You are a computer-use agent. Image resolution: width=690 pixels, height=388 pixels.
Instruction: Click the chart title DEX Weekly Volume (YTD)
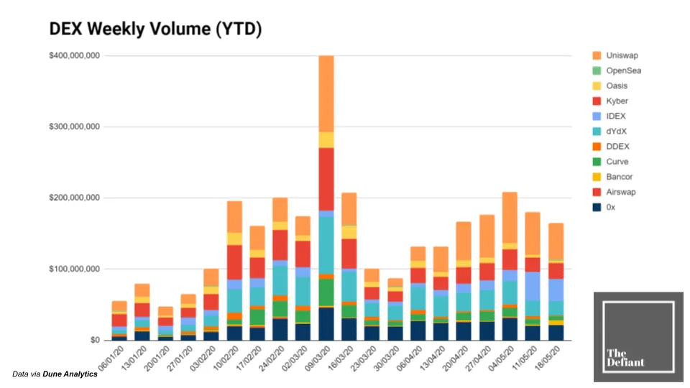click(x=155, y=29)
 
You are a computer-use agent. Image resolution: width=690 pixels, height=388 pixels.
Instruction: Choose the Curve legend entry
click(x=617, y=162)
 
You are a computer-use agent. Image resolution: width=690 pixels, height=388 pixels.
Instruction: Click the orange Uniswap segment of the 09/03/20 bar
click(x=326, y=93)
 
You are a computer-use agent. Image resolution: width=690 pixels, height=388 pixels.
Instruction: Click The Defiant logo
click(x=638, y=336)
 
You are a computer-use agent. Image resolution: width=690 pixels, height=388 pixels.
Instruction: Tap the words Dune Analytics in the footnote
click(x=70, y=374)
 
